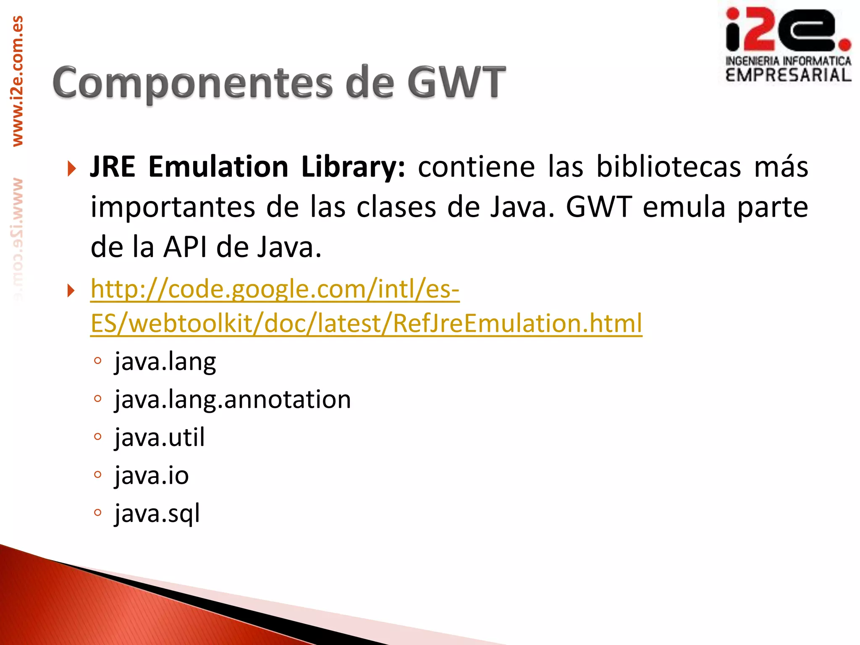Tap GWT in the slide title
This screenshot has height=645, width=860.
(456, 82)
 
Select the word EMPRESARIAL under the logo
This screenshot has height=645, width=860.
(788, 75)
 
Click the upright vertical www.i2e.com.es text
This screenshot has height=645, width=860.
(17, 81)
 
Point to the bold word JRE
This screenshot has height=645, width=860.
(113, 167)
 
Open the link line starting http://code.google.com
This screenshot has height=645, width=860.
(275, 289)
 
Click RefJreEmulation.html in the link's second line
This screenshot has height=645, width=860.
(517, 323)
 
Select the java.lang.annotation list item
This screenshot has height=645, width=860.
(233, 399)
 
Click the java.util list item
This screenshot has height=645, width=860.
(160, 437)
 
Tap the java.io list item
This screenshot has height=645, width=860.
(152, 475)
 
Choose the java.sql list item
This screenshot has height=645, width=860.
(157, 513)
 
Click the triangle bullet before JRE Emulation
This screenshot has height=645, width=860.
(71, 168)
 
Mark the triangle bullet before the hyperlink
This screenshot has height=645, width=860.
(71, 290)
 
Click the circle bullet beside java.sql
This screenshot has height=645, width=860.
(98, 512)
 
